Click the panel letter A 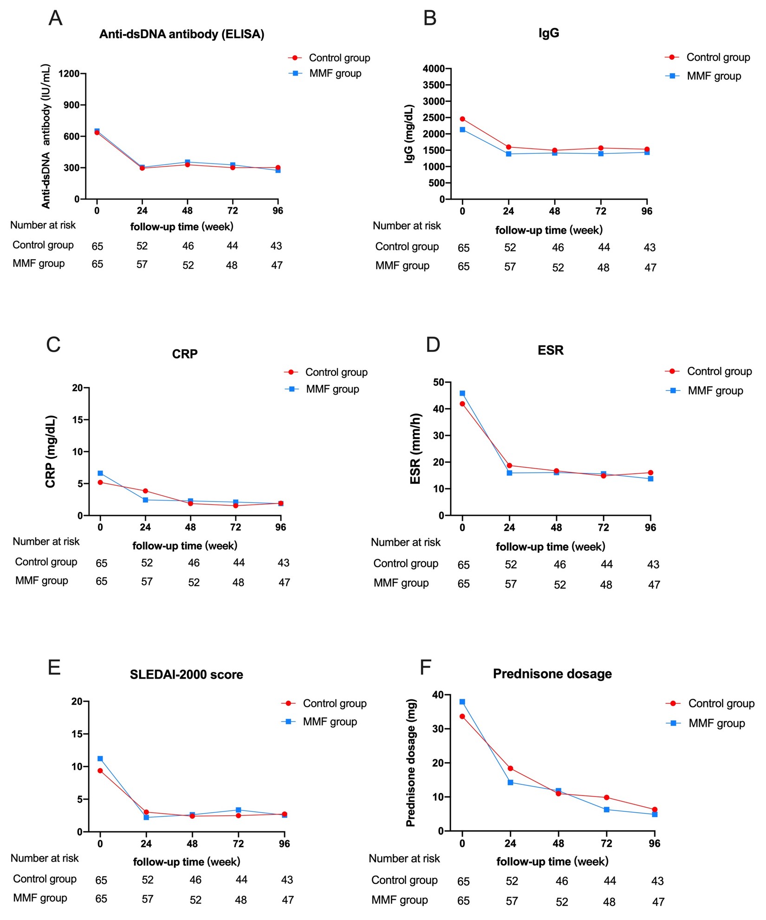click(x=55, y=19)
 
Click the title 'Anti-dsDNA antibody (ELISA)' click(x=182, y=34)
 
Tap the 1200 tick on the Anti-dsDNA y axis click(x=69, y=73)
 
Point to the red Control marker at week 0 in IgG click(x=462, y=119)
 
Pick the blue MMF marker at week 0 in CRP click(x=100, y=473)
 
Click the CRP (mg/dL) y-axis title click(x=51, y=451)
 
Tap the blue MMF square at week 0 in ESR click(x=462, y=393)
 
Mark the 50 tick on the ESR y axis click(x=439, y=382)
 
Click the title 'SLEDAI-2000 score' click(x=186, y=675)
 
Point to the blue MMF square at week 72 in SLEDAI click(x=238, y=810)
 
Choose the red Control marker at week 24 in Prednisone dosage click(x=510, y=769)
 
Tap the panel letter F click(x=425, y=667)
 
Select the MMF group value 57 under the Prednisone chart click(x=512, y=901)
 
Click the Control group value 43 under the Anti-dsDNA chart click(x=276, y=246)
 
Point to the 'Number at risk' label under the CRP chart click(x=46, y=542)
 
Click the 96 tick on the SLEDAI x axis click(x=284, y=843)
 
